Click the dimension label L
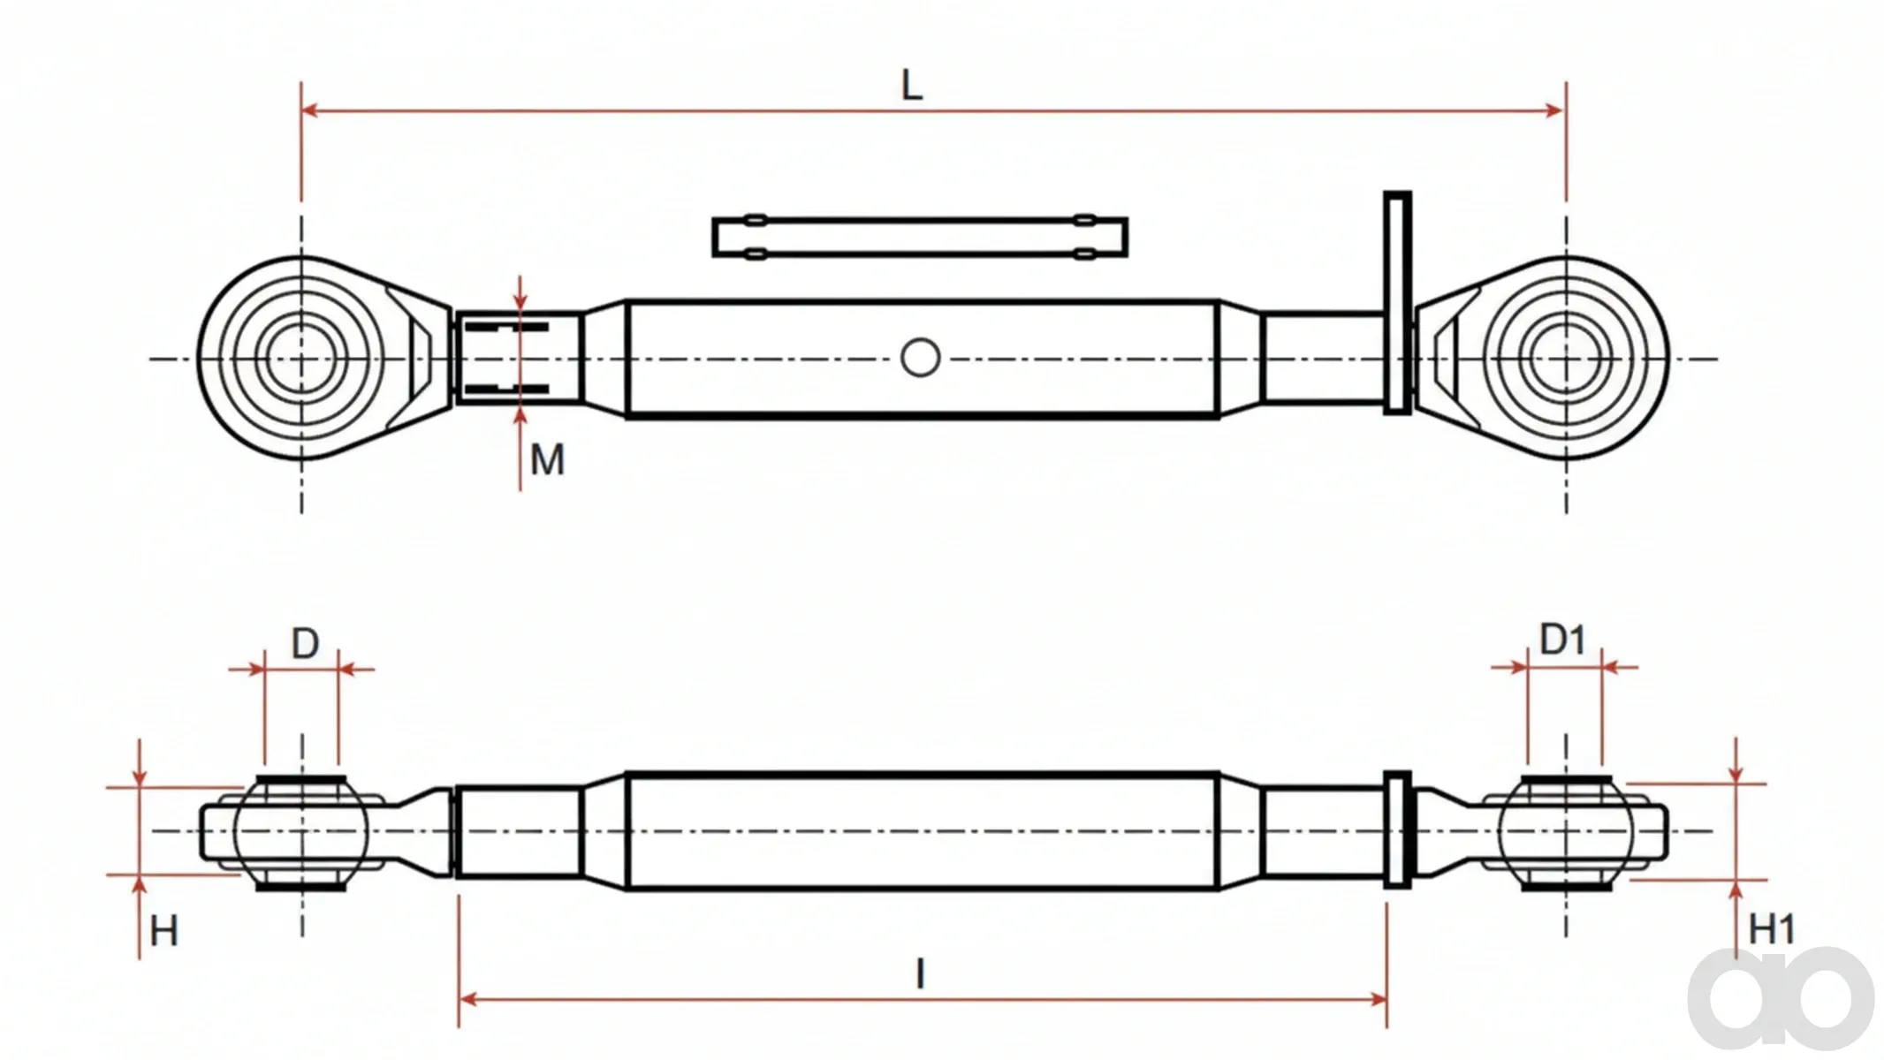point(912,86)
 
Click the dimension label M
point(547,460)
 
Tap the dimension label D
point(305,644)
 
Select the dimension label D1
point(1562,640)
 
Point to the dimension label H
point(164,931)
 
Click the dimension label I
point(921,974)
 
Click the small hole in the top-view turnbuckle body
point(920,359)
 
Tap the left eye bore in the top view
point(301,359)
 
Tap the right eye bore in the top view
point(1566,359)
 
